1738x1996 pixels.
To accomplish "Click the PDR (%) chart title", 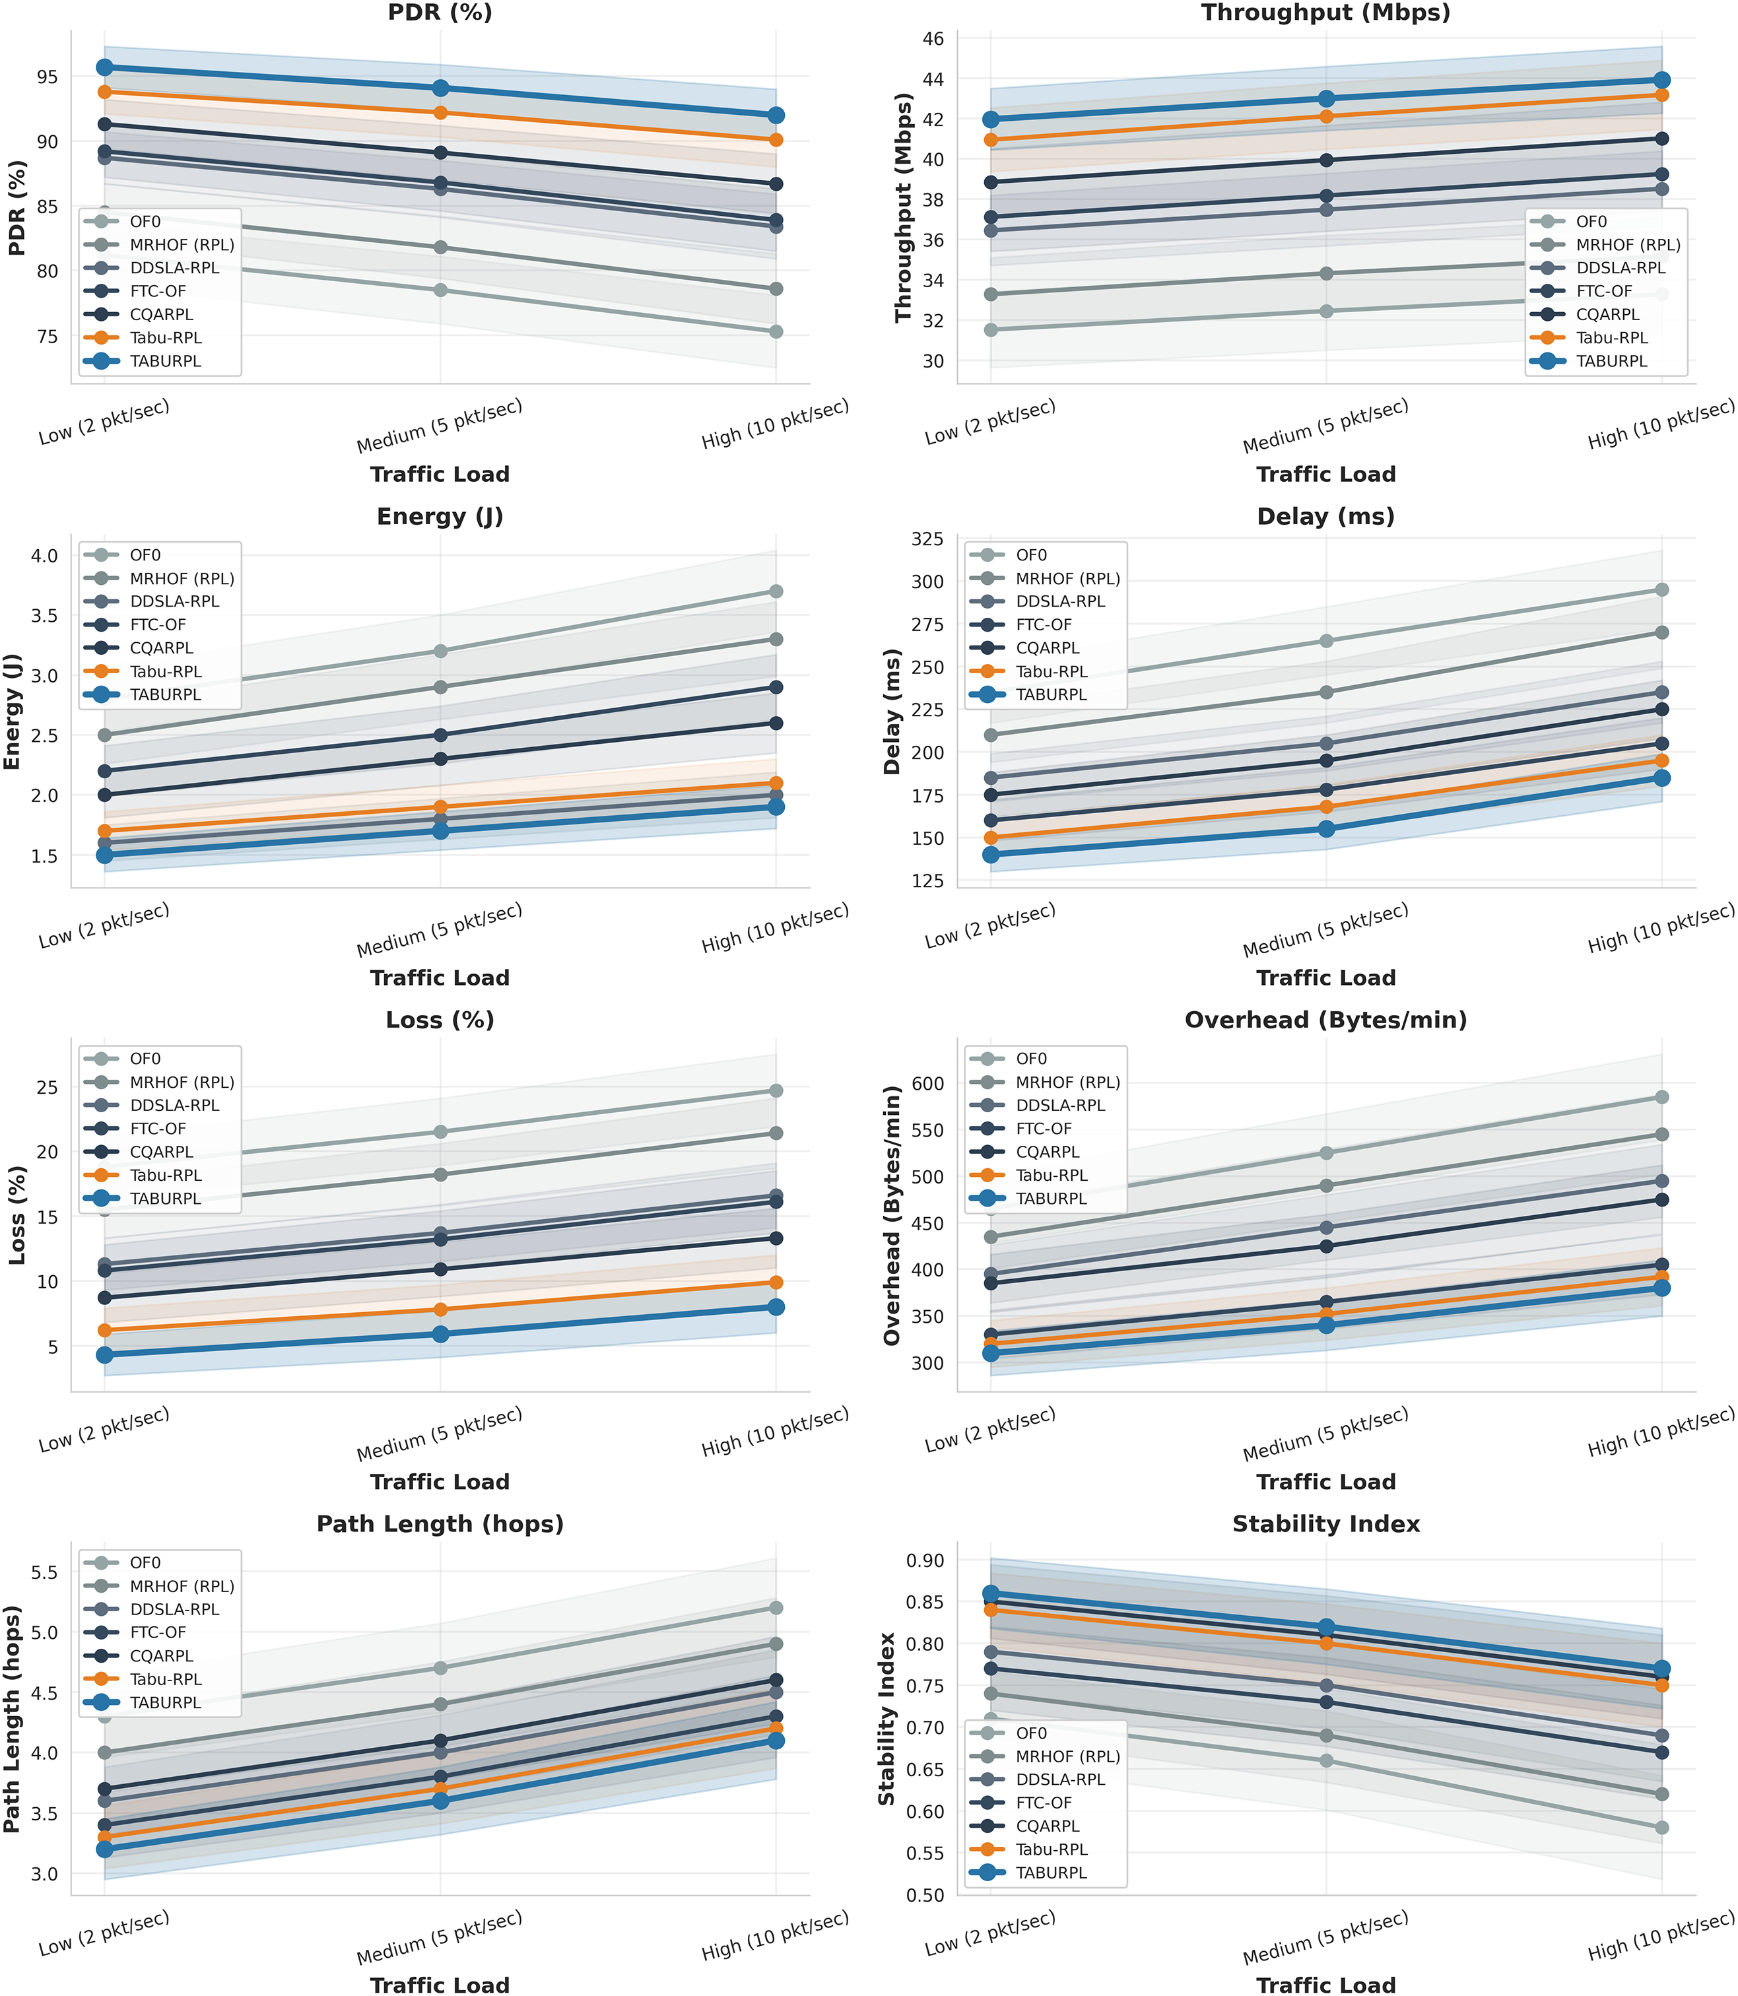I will tap(440, 13).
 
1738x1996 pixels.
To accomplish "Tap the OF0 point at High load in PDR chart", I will tap(776, 332).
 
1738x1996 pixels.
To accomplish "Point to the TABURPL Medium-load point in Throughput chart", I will tap(1326, 99).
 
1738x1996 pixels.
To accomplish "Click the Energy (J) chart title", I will tap(440, 516).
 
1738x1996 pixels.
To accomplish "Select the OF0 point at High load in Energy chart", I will tap(776, 591).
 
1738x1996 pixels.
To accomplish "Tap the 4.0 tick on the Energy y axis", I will tap(45, 556).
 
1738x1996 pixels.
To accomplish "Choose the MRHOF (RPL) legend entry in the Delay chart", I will tap(1067, 579).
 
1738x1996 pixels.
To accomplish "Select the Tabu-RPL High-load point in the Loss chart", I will tap(776, 1282).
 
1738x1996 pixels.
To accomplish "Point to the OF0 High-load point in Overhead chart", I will tap(1661, 1097).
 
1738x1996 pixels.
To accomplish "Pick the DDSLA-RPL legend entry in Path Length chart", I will tap(174, 1609).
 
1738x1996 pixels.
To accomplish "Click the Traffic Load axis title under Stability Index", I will tap(1326, 1984).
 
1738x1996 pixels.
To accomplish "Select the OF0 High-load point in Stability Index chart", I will tap(1661, 1827).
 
